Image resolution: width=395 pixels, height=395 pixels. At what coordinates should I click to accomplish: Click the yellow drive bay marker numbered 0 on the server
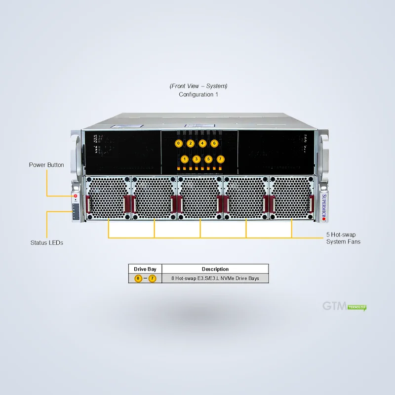tap(179, 143)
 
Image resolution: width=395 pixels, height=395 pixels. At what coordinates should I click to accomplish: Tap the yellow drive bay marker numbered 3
tap(197, 159)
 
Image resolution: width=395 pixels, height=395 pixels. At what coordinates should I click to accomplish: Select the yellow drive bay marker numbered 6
tap(214, 143)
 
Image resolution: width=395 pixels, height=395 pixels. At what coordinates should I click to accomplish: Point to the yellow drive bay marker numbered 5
tap(208, 159)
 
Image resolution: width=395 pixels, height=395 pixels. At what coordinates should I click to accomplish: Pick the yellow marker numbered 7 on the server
tap(220, 159)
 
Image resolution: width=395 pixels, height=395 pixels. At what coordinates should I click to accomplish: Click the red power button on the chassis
tap(76, 196)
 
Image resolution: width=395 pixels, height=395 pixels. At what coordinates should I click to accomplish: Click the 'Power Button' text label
tap(46, 165)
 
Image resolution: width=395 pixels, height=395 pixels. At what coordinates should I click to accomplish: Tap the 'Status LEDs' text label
tap(46, 242)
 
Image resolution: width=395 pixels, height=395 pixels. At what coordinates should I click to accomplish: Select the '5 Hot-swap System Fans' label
tap(343, 238)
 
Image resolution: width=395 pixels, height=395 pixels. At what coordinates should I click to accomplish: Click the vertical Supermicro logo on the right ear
tap(324, 207)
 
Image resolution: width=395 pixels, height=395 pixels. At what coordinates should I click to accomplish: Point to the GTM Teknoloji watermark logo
tap(344, 306)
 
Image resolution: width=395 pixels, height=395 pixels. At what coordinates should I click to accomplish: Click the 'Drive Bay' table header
tap(145, 269)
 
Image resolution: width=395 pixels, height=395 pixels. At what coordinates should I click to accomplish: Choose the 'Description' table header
tap(215, 269)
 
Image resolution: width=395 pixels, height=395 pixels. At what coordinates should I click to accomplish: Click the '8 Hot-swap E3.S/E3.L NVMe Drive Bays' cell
tap(215, 278)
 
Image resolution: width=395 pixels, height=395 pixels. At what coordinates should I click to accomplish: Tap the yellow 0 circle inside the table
tap(138, 278)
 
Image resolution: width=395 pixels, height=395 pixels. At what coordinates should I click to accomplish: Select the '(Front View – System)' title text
tap(198, 86)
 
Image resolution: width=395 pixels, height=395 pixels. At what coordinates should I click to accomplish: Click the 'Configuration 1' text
tap(198, 94)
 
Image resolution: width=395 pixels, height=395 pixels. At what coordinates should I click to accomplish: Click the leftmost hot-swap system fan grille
tap(108, 198)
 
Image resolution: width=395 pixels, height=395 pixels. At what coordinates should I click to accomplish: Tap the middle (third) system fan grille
tap(200, 198)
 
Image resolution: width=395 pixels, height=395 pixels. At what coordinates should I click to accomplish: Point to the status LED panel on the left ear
tap(76, 211)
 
